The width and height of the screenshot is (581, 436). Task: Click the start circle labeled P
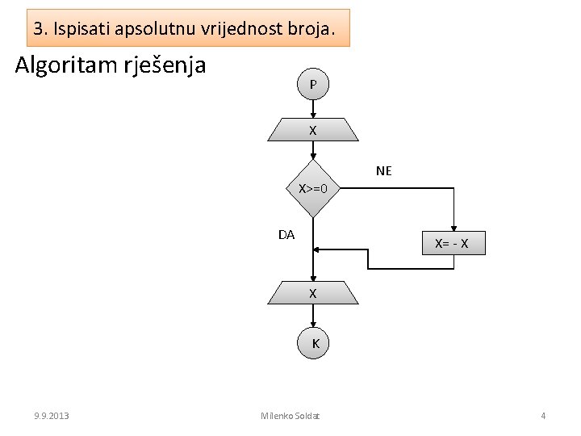coord(313,84)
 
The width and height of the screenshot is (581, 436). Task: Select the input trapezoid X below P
coord(313,130)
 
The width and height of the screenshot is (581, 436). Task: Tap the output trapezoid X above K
coord(313,293)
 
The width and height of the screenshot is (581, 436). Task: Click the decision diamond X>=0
coord(313,189)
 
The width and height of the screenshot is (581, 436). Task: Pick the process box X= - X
coord(455,243)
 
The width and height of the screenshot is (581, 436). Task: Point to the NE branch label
coord(384,170)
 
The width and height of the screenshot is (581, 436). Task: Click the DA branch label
coord(286,235)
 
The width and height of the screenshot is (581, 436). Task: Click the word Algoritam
coord(65,64)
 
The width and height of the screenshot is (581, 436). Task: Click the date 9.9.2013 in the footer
coord(52,416)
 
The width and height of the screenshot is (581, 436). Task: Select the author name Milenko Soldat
coord(290,416)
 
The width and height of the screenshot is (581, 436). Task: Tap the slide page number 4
coord(543,416)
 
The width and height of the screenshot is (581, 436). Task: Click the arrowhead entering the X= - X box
coord(455,229)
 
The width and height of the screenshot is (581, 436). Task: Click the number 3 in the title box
coord(39,29)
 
